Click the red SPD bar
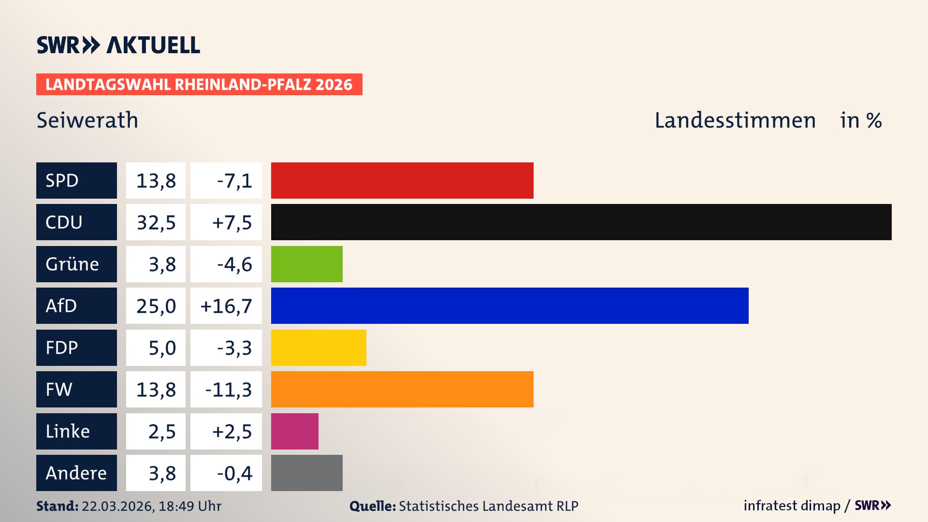click(402, 180)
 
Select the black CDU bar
click(581, 222)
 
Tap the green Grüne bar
click(306, 264)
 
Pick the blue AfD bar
click(509, 305)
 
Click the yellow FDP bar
click(319, 348)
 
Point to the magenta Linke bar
click(294, 431)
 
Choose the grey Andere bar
click(306, 473)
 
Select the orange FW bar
click(402, 389)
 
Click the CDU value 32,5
click(156, 222)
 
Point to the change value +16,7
click(226, 306)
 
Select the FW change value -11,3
click(228, 390)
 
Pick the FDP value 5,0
click(162, 348)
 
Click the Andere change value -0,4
click(234, 473)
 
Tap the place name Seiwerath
click(87, 120)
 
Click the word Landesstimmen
click(735, 120)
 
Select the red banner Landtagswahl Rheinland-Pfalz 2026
click(199, 85)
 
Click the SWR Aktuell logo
click(118, 45)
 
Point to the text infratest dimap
click(792, 506)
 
